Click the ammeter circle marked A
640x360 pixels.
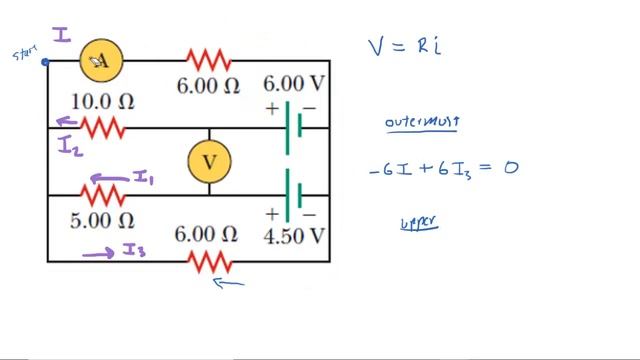coord(102,62)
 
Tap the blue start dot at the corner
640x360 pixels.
coord(46,62)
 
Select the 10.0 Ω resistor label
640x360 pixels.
coord(102,102)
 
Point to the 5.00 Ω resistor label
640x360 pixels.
coord(102,219)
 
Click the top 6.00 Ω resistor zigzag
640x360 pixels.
coord(207,60)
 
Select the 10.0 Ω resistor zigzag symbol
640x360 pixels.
coord(102,128)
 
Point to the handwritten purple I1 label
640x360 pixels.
coord(144,178)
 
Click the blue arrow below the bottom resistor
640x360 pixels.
coord(229,283)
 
